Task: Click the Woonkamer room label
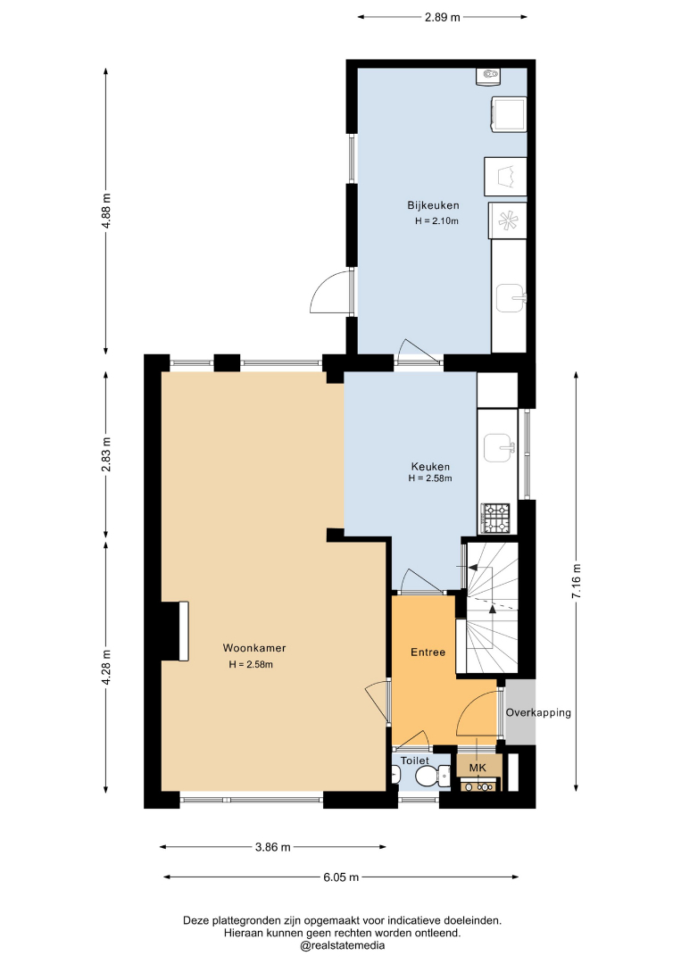tap(253, 648)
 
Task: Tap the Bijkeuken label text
tap(433, 205)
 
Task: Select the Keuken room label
tap(430, 467)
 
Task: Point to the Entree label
tap(428, 652)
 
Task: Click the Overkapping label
tap(538, 712)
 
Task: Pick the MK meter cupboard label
tap(478, 768)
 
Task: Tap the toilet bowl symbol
tap(432, 777)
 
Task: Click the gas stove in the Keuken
tap(496, 519)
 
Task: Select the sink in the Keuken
tap(498, 447)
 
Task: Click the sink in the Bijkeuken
tap(511, 298)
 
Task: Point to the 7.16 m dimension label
tap(576, 581)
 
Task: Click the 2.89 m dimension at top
tap(443, 17)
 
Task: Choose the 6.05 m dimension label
tap(341, 877)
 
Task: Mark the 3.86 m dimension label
tap(273, 847)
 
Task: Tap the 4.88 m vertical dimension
tap(106, 211)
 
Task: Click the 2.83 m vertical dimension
tap(106, 454)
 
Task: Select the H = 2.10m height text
tap(436, 221)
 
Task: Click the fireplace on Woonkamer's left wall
tap(175, 631)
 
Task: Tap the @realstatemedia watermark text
tap(343, 945)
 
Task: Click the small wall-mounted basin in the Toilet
tap(395, 777)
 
